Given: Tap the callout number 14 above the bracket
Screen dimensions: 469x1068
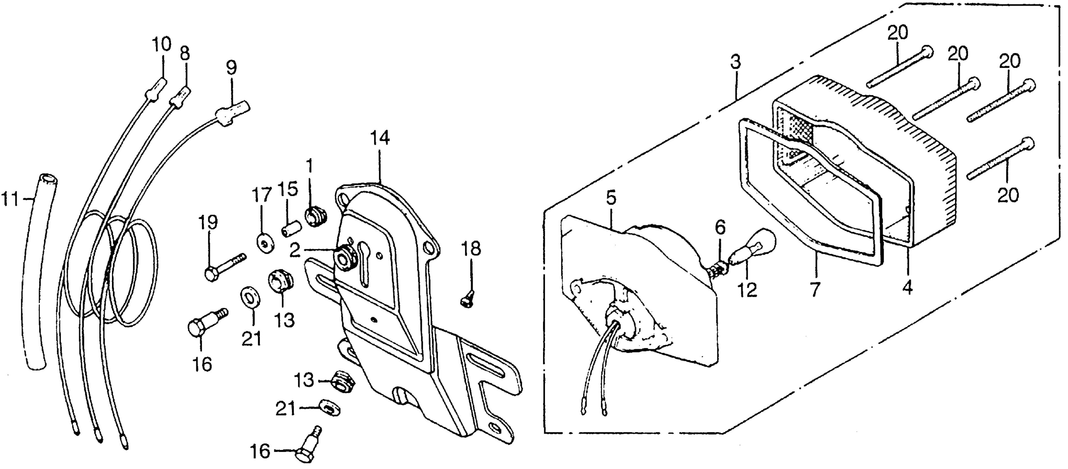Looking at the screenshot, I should click(x=380, y=138).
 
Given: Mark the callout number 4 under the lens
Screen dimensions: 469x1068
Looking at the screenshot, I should click(x=907, y=287).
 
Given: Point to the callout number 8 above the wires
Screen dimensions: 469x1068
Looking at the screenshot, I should click(x=185, y=54).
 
